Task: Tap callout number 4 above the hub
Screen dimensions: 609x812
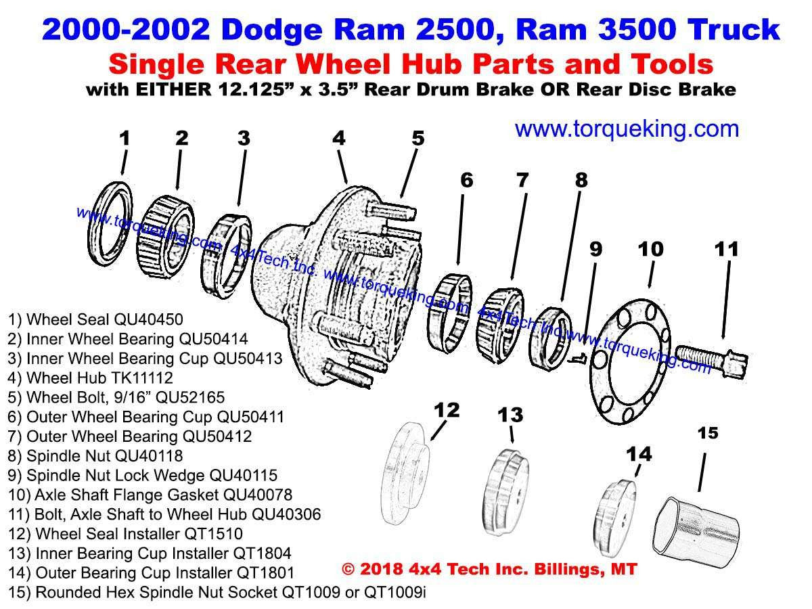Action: pyautogui.click(x=338, y=138)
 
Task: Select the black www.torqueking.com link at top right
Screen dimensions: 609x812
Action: pyautogui.click(x=627, y=128)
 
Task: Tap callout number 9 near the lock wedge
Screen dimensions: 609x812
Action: pyautogui.click(x=595, y=249)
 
